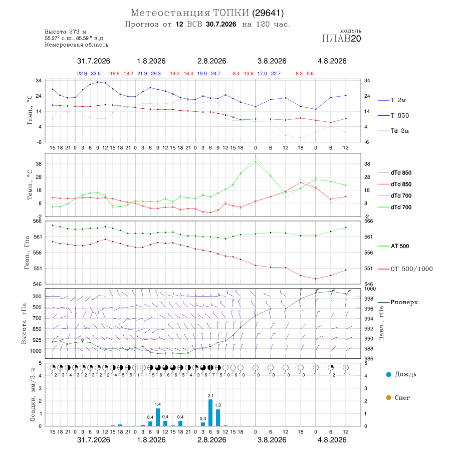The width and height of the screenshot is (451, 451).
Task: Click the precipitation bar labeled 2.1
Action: pos(210,413)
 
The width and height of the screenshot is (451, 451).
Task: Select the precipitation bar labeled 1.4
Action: pos(158,417)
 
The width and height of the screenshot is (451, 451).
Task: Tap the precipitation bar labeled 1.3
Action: pos(218,418)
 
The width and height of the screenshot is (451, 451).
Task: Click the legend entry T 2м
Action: pos(392,100)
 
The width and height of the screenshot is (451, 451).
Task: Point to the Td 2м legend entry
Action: pos(393,131)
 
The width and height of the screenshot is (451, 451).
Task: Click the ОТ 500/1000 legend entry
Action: pos(405,269)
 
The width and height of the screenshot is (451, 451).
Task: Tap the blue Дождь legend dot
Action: pos(388,374)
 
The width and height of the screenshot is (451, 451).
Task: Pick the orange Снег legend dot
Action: pos(388,397)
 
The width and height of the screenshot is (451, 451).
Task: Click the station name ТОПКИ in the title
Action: pos(231,13)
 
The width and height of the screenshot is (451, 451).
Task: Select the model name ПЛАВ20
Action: pos(341,39)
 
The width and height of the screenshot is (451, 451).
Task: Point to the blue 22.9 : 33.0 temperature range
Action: pos(89,74)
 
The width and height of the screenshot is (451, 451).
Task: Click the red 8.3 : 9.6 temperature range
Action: pos(305,74)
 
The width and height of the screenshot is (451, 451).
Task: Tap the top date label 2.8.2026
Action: pos(211,61)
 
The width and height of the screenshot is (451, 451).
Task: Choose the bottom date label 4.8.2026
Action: pos(332,440)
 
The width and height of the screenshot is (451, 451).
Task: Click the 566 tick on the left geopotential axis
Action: pos(38,221)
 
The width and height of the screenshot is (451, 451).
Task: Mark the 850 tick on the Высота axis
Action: pos(37,329)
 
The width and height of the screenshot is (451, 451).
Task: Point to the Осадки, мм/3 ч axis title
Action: pos(32,395)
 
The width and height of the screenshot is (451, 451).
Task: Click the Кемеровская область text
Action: pos(77,45)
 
